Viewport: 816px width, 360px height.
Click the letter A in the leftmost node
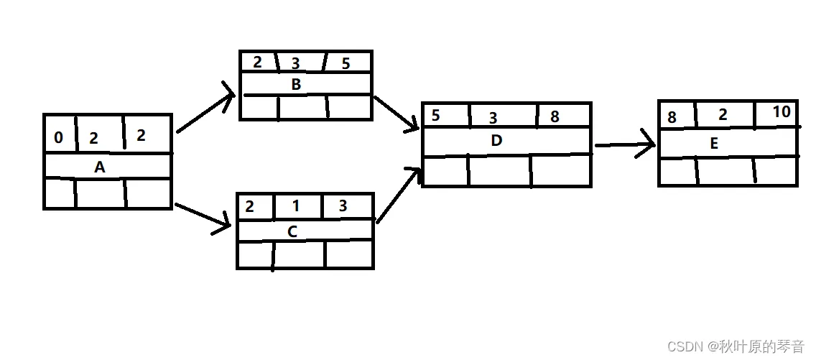[100, 167]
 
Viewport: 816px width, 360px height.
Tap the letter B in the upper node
[296, 84]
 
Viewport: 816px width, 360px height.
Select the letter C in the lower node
[292, 231]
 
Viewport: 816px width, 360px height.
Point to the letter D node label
[496, 141]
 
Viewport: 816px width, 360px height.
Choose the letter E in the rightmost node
[714, 144]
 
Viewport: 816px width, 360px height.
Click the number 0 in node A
[58, 137]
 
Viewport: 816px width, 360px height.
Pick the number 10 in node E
[782, 112]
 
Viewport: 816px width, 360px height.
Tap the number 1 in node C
[296, 206]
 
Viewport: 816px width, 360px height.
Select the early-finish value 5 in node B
[346, 63]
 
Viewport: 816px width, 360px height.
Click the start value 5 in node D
[435, 116]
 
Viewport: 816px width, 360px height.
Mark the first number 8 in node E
[672, 117]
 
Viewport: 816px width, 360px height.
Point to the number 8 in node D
[555, 116]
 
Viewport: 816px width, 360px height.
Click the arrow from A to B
[206, 112]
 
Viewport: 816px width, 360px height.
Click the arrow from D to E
[625, 145]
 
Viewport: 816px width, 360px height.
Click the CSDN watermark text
[736, 346]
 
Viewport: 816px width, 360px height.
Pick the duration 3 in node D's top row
[493, 118]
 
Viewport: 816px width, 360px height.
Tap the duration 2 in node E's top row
[723, 115]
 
